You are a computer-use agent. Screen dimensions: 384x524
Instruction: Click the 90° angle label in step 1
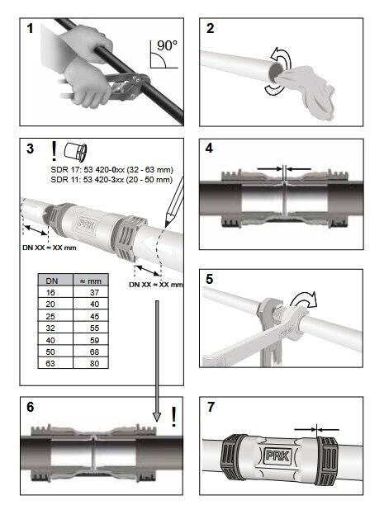coord(167,45)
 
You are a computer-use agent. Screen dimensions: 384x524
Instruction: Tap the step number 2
coord(210,28)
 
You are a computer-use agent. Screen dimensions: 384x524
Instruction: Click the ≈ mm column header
coord(90,281)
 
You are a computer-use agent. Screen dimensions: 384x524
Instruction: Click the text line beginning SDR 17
coord(111,170)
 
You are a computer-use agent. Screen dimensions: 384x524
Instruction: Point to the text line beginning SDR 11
coord(111,180)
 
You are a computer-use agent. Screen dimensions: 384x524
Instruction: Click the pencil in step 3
coord(174,201)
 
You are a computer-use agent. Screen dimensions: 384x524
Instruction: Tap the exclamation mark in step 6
coord(173,417)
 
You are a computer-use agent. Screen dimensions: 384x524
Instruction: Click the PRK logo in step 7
coord(278,456)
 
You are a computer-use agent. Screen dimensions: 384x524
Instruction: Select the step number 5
coord(210,279)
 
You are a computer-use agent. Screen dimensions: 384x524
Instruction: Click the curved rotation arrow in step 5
coord(303,300)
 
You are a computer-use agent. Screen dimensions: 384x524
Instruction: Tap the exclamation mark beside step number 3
coord(54,151)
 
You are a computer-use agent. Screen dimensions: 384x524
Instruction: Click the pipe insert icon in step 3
coord(76,151)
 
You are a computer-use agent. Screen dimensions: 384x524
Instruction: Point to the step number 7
coord(211,407)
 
